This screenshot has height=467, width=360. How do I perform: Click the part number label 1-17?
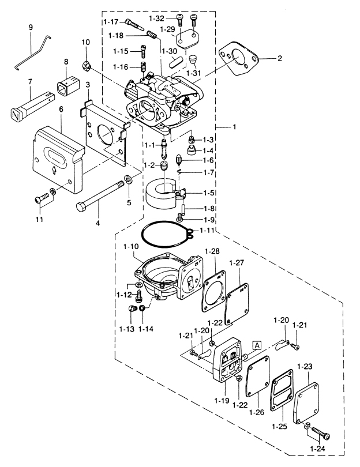[x=111, y=22]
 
